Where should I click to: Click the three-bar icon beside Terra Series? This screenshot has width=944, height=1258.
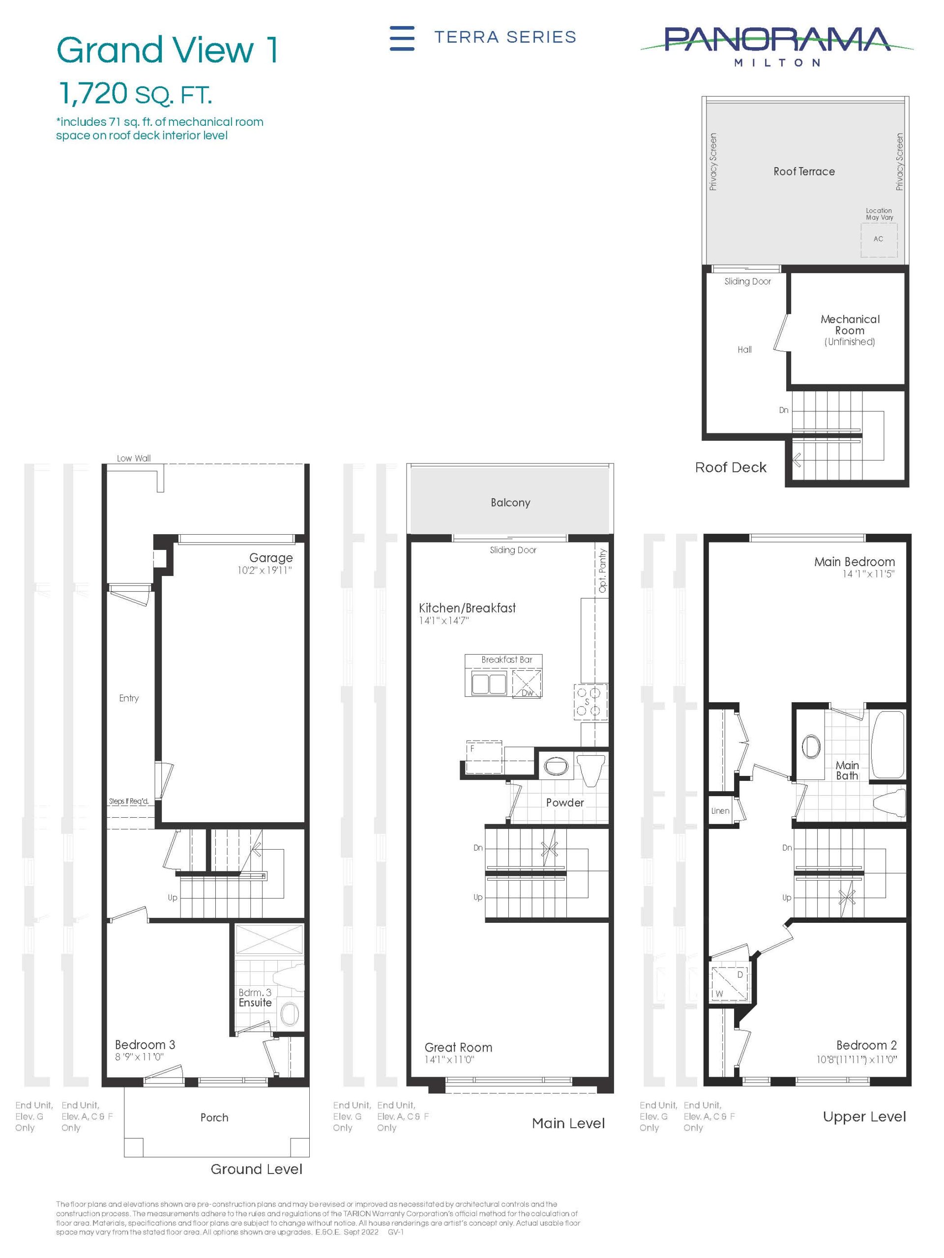click(402, 38)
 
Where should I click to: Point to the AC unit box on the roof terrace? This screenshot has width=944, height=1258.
click(879, 239)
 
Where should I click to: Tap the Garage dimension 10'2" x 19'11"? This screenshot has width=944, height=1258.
click(265, 570)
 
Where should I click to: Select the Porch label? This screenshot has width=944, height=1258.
click(214, 1117)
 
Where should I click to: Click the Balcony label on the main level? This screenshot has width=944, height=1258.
click(510, 503)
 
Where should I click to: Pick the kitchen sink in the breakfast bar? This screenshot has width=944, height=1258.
click(488, 682)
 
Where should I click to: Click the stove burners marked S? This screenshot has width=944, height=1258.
click(589, 701)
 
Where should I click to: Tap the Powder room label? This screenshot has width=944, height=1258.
click(564, 802)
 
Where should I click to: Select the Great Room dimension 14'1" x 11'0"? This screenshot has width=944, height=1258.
click(449, 1059)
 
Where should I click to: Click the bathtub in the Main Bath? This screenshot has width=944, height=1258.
click(887, 744)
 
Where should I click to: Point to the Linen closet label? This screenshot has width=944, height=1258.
click(720, 811)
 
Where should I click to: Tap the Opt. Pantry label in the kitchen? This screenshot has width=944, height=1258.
click(603, 571)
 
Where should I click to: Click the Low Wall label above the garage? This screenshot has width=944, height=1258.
click(134, 458)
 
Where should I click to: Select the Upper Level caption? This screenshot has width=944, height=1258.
click(864, 1116)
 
